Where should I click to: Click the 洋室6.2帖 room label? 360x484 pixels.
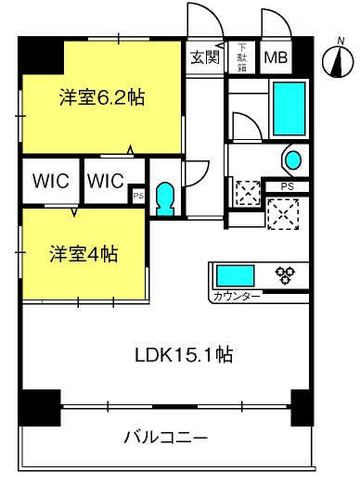(x=102, y=97)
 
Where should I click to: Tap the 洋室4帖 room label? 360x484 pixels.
(x=84, y=254)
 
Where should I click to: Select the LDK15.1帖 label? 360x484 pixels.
(x=184, y=354)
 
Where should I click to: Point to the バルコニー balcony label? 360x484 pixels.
(x=165, y=438)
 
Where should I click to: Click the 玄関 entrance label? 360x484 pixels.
(x=205, y=57)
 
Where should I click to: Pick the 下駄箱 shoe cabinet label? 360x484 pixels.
(x=242, y=57)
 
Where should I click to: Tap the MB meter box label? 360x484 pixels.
(x=276, y=57)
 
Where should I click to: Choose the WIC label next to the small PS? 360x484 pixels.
(x=105, y=181)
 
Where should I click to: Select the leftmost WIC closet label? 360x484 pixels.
(x=51, y=181)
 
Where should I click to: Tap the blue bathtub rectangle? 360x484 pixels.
(x=289, y=108)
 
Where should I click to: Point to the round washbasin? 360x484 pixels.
(x=293, y=160)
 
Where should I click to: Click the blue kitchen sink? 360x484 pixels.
(x=235, y=275)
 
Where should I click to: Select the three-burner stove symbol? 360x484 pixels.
(x=285, y=275)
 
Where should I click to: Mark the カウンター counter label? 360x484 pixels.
(x=237, y=298)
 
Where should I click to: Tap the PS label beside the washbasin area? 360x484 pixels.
(x=288, y=186)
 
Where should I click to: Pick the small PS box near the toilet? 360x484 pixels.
(x=138, y=196)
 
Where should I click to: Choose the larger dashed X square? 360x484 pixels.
(x=283, y=214)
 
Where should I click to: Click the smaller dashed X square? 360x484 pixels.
(x=248, y=193)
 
